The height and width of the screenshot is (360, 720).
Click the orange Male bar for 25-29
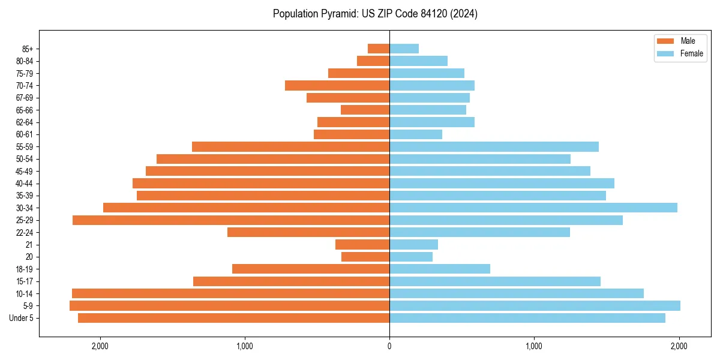(231, 220)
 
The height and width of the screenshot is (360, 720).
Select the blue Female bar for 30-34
(533, 208)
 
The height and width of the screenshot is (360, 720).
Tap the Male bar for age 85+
(379, 49)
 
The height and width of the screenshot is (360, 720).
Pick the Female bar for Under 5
(527, 318)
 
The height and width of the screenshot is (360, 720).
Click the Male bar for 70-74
(337, 85)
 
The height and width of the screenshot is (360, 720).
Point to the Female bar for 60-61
(416, 134)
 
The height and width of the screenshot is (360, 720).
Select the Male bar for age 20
(365, 257)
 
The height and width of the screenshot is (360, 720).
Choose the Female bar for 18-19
(440, 269)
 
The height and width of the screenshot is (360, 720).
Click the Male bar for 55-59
(290, 146)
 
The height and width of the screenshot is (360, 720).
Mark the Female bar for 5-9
(535, 305)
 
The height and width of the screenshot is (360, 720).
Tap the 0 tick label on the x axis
(389, 346)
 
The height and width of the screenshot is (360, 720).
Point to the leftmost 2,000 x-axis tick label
(100, 346)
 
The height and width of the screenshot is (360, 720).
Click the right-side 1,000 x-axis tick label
(534, 346)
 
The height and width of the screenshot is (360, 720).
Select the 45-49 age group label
(25, 171)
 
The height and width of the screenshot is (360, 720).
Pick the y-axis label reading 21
(29, 245)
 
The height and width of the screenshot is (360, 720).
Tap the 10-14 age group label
(25, 293)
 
